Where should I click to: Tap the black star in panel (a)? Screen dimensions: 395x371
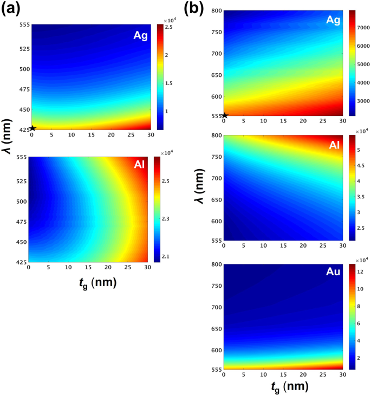tap(32, 128)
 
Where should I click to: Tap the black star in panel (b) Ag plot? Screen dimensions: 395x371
tap(224, 115)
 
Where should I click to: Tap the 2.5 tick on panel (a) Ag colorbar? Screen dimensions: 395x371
tap(169, 27)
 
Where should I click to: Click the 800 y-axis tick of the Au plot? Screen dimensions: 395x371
tap(215, 264)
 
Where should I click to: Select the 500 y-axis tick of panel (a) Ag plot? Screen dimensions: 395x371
tap(23, 69)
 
